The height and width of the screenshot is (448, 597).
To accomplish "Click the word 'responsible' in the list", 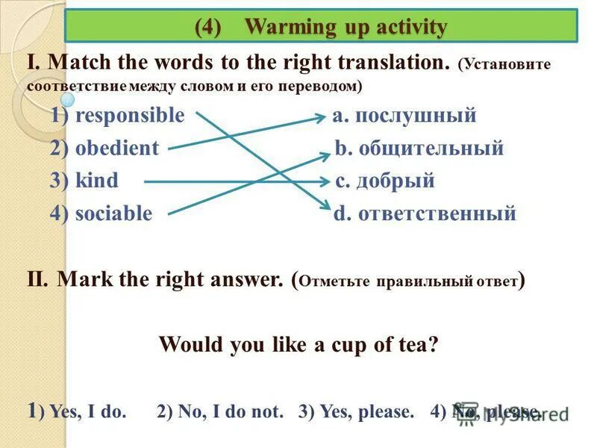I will click(129, 116).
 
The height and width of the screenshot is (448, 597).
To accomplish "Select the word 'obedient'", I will click(116, 149).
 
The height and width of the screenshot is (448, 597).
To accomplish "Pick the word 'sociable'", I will click(113, 214).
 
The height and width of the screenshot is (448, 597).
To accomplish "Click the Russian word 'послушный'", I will click(415, 116).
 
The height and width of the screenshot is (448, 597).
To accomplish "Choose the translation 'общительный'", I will click(431, 149).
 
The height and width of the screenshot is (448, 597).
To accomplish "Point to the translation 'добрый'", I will click(395, 181).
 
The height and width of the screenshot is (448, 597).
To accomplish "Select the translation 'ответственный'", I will click(437, 214).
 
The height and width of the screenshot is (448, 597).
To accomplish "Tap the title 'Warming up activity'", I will click(346, 28).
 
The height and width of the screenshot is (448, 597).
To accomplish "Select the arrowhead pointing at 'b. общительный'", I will click(325, 154).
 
